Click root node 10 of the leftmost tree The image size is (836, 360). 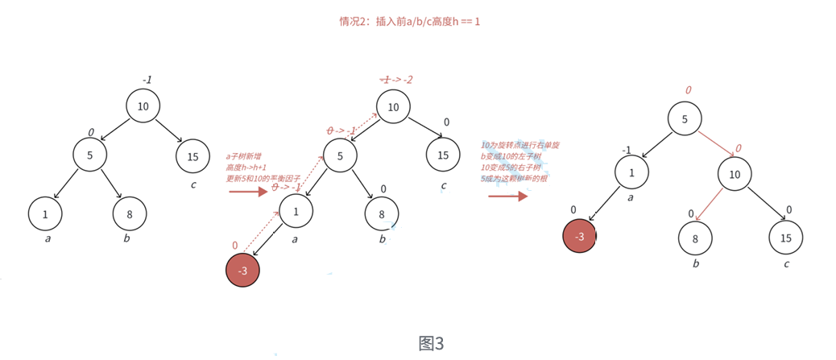[x=143, y=106]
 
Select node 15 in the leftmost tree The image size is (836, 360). [x=192, y=156]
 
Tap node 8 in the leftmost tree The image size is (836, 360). [x=129, y=213]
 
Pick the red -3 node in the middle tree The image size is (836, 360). [x=243, y=271]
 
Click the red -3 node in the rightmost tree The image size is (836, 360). [x=579, y=235]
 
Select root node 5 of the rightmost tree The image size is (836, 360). [x=685, y=119]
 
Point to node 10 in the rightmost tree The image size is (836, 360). [x=734, y=173]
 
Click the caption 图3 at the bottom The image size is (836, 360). [x=431, y=343]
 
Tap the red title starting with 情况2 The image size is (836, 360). [x=409, y=21]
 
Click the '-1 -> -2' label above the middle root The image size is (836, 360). [x=396, y=80]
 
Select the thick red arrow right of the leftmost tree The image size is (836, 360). [x=247, y=192]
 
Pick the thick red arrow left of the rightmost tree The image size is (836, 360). [x=507, y=194]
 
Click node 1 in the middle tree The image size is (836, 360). [x=296, y=211]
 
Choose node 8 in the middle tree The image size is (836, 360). [x=382, y=213]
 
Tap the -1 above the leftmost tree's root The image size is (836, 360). [x=147, y=80]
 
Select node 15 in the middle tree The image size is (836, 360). [x=443, y=155]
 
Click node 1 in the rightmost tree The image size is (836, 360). [x=631, y=172]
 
